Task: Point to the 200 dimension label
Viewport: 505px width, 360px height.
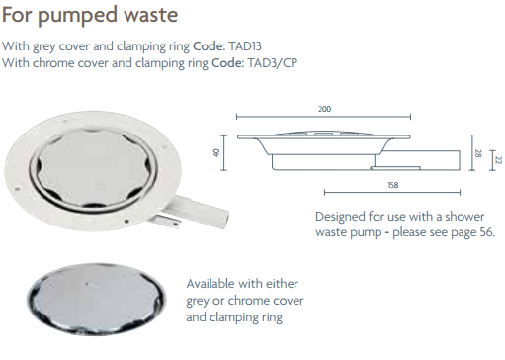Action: coord(325,108)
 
